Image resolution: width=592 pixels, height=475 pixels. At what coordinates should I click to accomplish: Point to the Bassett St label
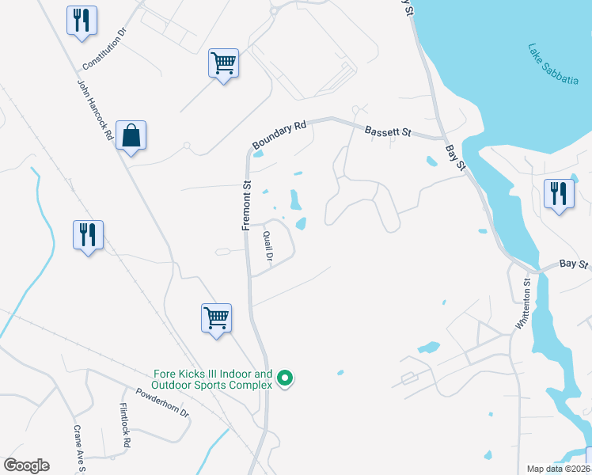387,131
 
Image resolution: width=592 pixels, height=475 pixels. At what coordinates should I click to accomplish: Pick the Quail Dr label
268,246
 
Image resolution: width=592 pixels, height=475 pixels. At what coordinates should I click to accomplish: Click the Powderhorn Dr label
162,402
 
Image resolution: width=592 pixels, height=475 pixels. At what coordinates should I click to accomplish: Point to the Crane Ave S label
79,447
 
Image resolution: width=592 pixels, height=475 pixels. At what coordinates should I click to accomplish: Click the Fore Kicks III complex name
212,379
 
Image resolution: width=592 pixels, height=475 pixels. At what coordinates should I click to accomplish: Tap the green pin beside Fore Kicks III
286,380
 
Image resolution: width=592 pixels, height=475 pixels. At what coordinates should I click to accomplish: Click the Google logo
26,465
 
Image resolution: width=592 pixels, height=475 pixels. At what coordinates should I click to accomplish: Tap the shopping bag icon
131,136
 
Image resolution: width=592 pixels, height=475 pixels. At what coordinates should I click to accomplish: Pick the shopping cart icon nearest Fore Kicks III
216,318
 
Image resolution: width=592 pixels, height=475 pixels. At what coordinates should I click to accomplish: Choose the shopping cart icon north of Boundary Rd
224,63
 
